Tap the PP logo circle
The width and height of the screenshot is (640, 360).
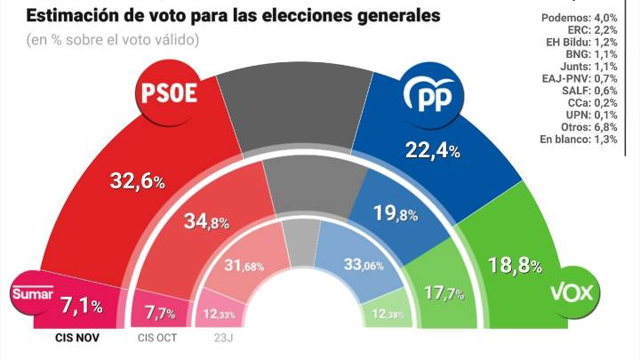pyautogui.click(x=428, y=92)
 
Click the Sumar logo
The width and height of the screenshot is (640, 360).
pyautogui.click(x=33, y=293)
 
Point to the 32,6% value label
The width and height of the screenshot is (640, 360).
pyautogui.click(x=137, y=180)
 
